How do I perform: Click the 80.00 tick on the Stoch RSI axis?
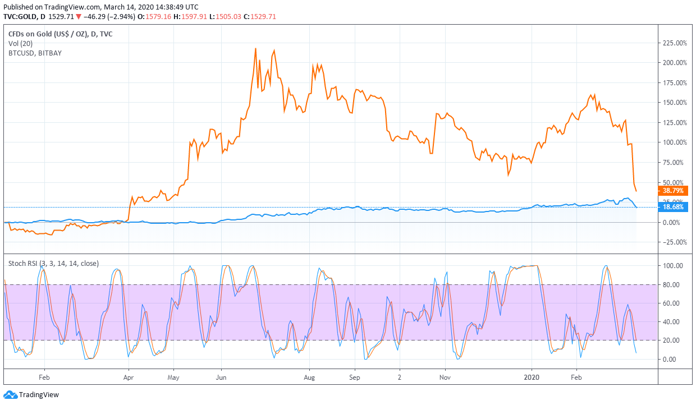point(674,284)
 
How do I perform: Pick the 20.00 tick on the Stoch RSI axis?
point(674,340)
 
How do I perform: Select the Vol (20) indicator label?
point(21,43)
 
